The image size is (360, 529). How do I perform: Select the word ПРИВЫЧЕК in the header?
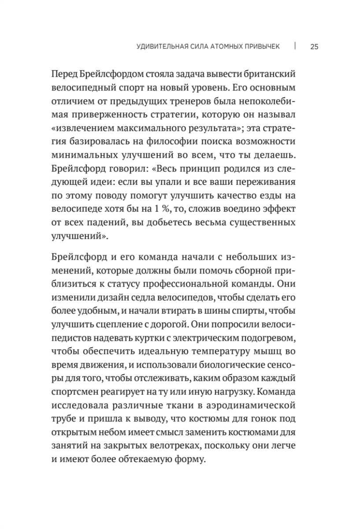(260, 47)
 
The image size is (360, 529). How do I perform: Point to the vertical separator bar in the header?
(294, 46)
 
